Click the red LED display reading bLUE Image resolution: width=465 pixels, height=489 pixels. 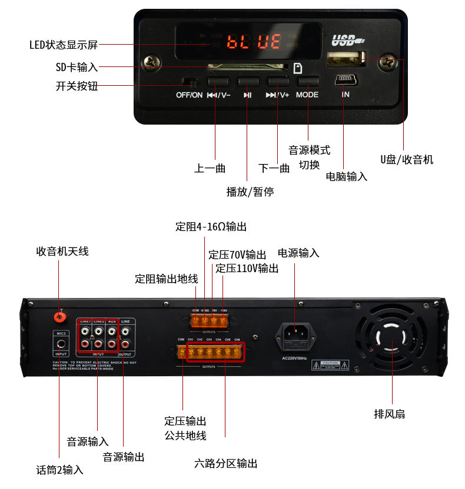pyautogui.click(x=254, y=41)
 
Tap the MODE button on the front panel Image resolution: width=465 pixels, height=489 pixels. pyautogui.click(x=307, y=82)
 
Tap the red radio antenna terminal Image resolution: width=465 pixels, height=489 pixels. pyautogui.click(x=59, y=317)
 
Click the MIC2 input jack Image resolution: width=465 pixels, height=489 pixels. pyautogui.click(x=60, y=343)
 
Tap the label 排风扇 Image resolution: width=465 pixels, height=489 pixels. pyautogui.click(x=390, y=414)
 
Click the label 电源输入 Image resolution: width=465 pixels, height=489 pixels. pyautogui.click(x=298, y=253)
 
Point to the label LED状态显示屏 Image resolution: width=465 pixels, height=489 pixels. pyautogui.click(x=64, y=45)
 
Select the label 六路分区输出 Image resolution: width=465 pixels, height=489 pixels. pyautogui.click(x=226, y=463)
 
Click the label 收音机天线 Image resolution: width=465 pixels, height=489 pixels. pyautogui.click(x=62, y=251)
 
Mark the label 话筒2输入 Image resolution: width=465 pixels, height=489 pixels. pyautogui.click(x=59, y=470)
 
